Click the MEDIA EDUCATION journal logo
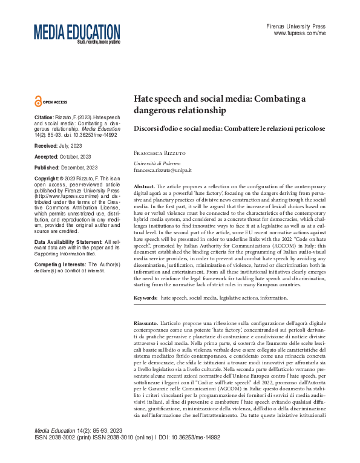click(77, 33)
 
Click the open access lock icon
click(39, 102)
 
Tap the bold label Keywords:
click(146, 298)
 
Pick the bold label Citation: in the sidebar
click(45, 116)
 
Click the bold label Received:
click(46, 146)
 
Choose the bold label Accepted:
click(47, 156)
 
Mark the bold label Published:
click(47, 167)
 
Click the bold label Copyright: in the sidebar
click(47, 179)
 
